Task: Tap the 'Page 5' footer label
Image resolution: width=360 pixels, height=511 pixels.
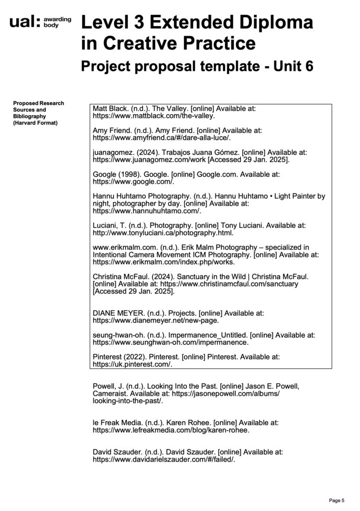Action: tap(336, 500)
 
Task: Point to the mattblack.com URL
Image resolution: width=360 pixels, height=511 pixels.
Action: tap(154, 116)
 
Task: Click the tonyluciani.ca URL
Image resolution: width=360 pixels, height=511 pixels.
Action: tap(163, 233)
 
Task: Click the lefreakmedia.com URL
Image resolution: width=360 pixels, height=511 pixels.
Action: tap(171, 430)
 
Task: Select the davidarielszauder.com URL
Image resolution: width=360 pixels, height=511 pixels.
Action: tap(164, 459)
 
